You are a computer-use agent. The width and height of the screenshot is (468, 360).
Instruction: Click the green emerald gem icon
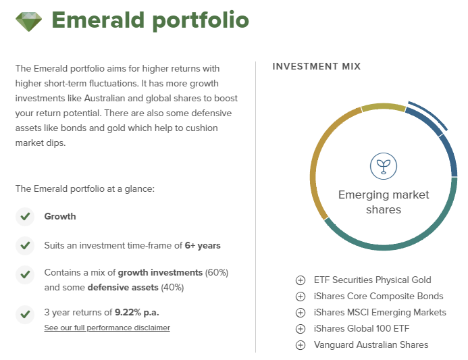coord(28,22)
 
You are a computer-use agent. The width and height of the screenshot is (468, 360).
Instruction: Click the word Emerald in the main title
coord(98,20)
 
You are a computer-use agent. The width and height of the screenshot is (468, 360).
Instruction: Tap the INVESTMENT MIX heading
coord(317,66)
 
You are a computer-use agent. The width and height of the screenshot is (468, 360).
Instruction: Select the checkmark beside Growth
coord(25,216)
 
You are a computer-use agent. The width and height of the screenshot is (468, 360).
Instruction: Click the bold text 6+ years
coord(203,245)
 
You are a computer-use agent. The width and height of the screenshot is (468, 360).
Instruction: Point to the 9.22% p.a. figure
coord(137,312)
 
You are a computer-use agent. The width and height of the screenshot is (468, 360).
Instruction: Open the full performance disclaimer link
coord(107,328)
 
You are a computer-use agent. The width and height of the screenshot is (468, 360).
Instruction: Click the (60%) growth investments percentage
coord(217,273)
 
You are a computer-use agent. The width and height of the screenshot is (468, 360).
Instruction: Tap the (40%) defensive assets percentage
coord(172,288)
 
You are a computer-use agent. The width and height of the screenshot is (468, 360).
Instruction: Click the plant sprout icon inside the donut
coord(384,166)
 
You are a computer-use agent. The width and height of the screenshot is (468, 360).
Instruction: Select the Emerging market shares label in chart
coord(384,202)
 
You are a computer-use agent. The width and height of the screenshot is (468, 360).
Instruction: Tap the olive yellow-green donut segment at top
coord(384,106)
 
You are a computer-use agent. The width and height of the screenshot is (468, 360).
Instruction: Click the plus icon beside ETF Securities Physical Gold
coord(301,280)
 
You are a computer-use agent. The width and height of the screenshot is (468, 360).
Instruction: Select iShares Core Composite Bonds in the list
coord(378,296)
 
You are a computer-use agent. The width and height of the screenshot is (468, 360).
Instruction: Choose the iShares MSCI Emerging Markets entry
coord(380,312)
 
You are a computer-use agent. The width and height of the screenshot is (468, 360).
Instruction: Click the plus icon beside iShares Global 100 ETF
coord(301,329)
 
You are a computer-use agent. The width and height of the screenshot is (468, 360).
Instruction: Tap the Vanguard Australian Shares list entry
coord(371,344)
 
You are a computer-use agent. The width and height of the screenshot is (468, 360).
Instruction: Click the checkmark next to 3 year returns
coord(25,314)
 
